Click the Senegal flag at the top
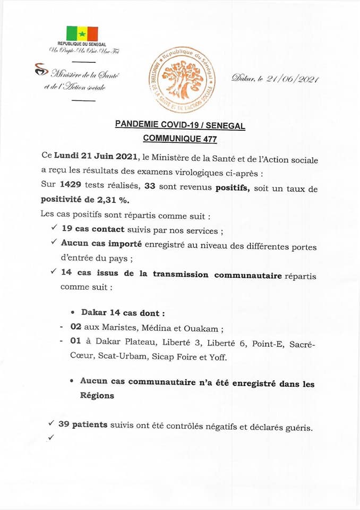pos(82,33)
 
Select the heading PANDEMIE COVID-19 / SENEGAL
pos(180,125)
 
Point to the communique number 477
pos(207,139)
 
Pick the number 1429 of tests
pos(71,186)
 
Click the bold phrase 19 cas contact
pos(93,229)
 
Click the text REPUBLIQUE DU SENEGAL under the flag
pos(82,44)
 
